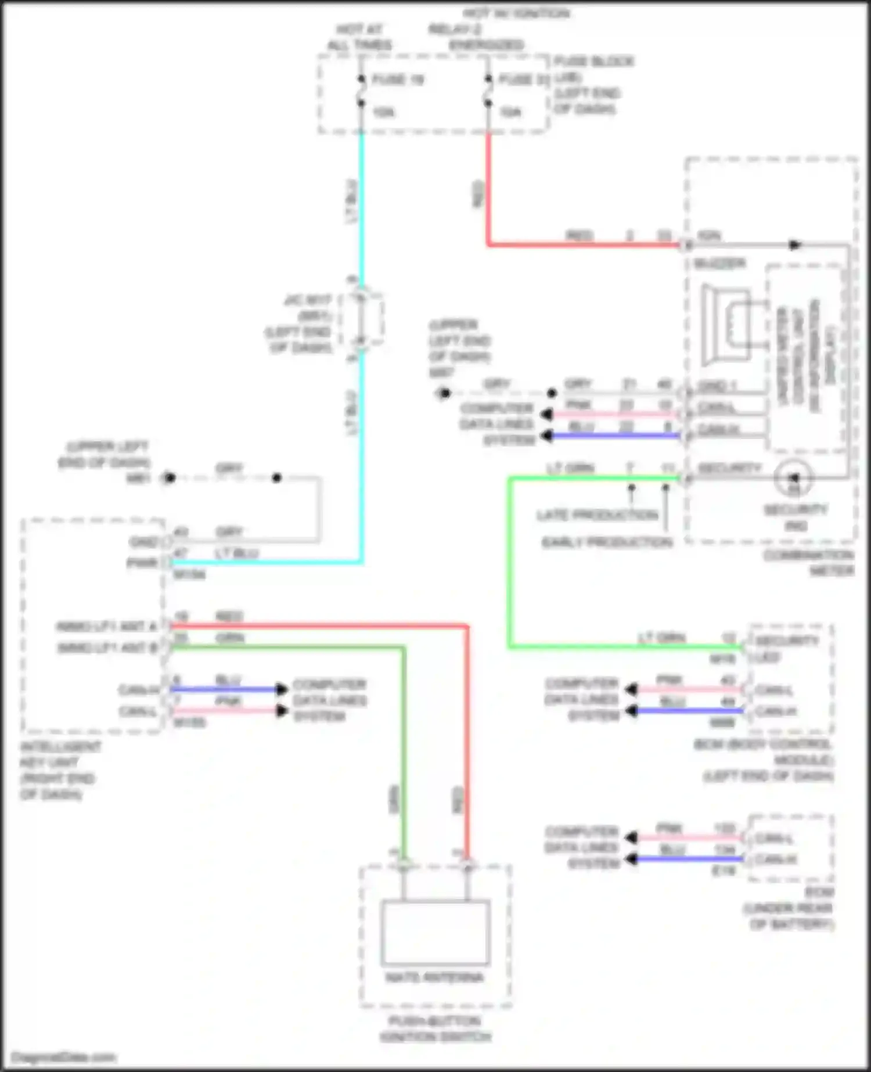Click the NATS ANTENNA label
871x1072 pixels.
pyautogui.click(x=434, y=977)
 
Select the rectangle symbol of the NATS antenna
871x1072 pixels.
pyautogui.click(x=435, y=931)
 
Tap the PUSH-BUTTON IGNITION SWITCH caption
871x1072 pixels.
pyautogui.click(x=435, y=1028)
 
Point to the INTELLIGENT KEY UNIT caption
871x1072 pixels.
pyautogui.click(x=58, y=770)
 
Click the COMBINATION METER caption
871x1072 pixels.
pyautogui.click(x=809, y=563)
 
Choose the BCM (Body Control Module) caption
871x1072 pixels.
pyautogui.click(x=764, y=760)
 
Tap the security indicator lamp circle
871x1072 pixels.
pyautogui.click(x=794, y=478)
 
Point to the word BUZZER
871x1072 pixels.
pyautogui.click(x=720, y=264)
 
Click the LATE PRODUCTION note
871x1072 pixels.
pyautogui.click(x=597, y=515)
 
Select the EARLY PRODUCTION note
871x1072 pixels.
pyautogui.click(x=607, y=542)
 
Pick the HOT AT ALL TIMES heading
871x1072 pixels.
pyautogui.click(x=360, y=37)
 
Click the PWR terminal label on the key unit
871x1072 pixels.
pyautogui.click(x=142, y=563)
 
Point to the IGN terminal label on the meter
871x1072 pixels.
pyautogui.click(x=708, y=236)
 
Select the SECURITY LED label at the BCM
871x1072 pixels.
pyautogui.click(x=785, y=649)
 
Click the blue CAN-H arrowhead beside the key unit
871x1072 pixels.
pyautogui.click(x=282, y=689)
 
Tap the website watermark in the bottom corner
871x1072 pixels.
pyautogui.click(x=64, y=1057)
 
